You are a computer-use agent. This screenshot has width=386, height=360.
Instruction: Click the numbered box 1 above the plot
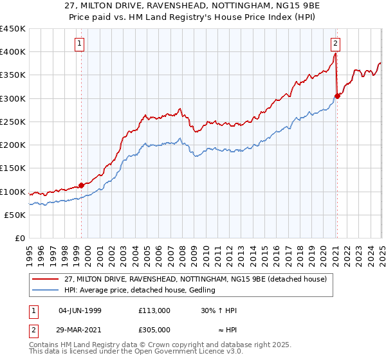point(79,44)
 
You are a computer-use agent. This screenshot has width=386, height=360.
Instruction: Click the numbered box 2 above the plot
point(336,44)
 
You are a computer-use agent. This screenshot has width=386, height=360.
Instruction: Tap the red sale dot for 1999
point(82,185)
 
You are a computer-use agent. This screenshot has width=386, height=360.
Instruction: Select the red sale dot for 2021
point(338,96)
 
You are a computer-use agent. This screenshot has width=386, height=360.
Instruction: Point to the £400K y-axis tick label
point(13,52)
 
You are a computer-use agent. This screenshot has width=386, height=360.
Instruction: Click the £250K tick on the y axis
point(13,122)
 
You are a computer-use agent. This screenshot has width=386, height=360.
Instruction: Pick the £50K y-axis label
point(15,215)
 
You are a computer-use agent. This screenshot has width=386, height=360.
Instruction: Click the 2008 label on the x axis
point(183,251)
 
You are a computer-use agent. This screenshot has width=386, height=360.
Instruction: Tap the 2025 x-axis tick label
point(381,251)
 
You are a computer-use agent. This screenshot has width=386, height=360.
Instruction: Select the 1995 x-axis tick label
point(30,251)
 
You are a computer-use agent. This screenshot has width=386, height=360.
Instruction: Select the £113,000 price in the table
point(154,310)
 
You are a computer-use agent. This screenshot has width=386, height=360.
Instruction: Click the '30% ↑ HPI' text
point(219,310)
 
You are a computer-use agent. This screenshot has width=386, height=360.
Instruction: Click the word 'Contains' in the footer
point(44,346)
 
